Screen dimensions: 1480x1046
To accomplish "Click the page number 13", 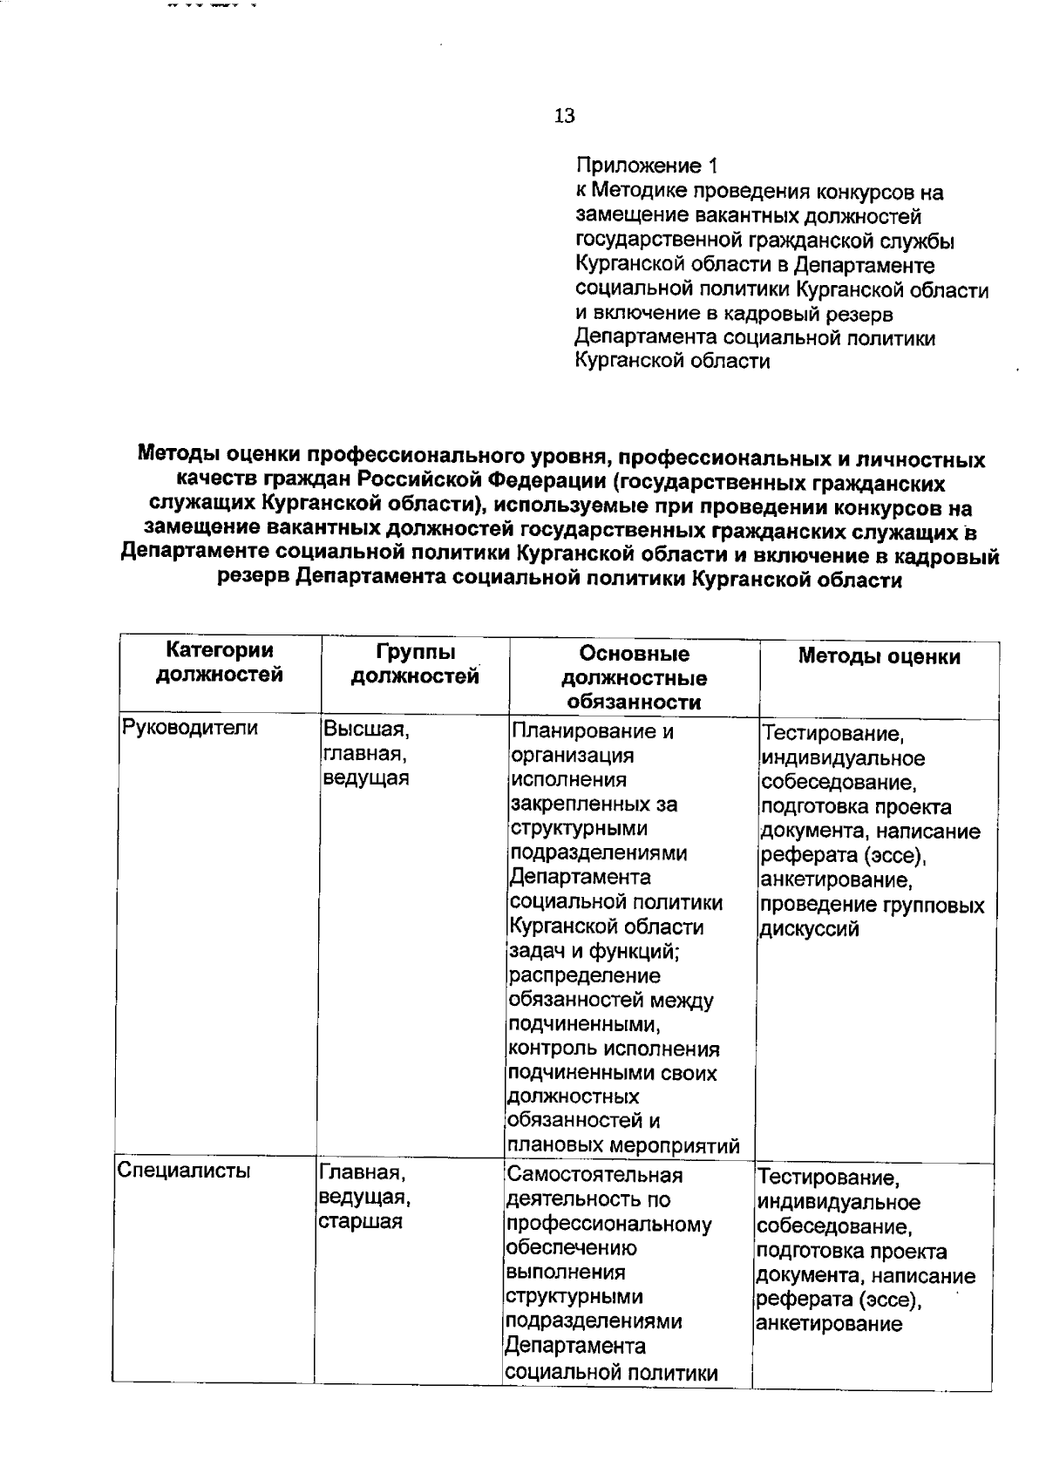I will tap(564, 116).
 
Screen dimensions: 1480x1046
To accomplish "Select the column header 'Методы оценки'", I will tap(879, 657).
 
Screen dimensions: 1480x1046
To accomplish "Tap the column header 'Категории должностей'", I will tap(220, 662).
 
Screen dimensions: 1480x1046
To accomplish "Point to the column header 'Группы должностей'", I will tap(415, 664).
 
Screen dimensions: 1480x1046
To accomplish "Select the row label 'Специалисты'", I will tap(183, 1171).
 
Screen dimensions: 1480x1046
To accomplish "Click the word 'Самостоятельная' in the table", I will tap(594, 1175).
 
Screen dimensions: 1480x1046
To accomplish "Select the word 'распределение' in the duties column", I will tap(584, 975).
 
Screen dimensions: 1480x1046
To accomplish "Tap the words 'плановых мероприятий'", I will tap(623, 1145).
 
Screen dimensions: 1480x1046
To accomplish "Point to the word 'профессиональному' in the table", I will tap(608, 1224).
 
